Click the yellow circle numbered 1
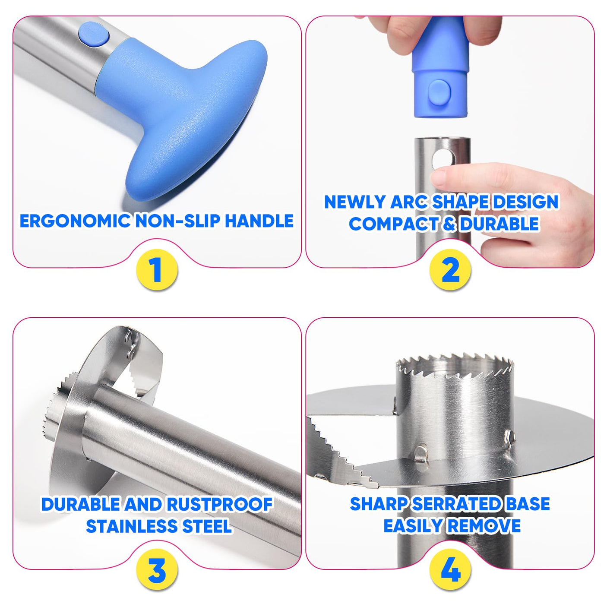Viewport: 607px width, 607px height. (157, 270)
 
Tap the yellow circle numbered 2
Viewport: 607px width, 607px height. (450, 270)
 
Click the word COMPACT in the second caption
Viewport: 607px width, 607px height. (393, 224)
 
